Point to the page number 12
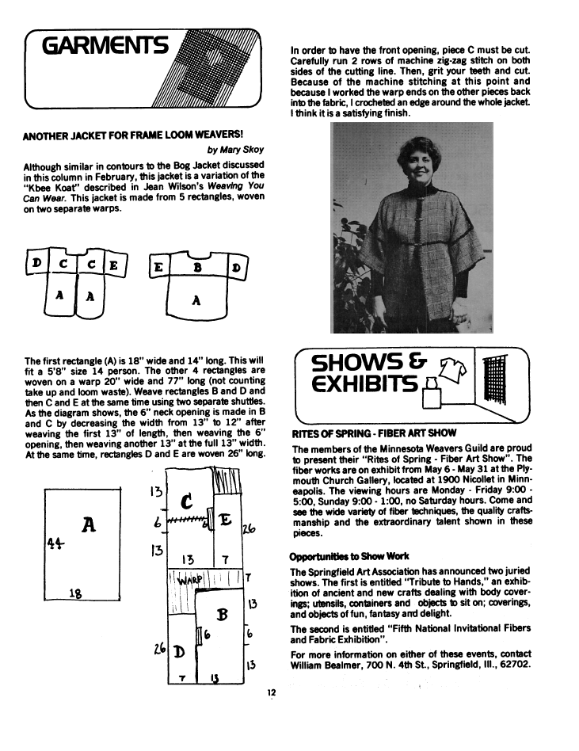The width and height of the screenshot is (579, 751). [x=271, y=692]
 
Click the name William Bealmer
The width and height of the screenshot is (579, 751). [x=328, y=665]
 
